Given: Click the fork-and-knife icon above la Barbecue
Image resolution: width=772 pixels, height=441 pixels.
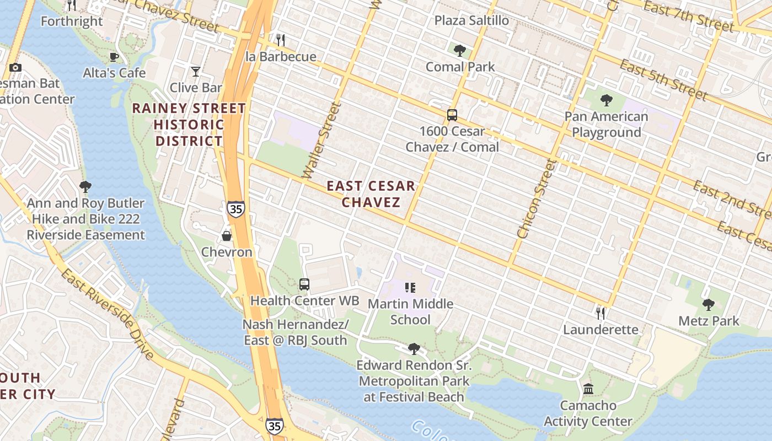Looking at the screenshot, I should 281,40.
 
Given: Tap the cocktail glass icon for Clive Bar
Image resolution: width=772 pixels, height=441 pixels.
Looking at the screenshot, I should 195,72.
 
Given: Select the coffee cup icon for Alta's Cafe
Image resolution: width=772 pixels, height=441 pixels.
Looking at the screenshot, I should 114,57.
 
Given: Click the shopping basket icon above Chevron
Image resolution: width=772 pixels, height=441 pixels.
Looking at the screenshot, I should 226,236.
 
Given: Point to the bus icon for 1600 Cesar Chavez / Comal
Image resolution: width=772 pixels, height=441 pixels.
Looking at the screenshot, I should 452,115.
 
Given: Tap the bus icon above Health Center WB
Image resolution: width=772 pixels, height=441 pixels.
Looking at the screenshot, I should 304,284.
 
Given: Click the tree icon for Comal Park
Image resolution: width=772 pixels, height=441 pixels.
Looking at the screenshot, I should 459,51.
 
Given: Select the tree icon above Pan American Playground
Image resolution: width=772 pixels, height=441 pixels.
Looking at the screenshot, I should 606,100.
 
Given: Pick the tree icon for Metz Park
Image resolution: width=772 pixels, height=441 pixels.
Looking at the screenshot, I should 709,304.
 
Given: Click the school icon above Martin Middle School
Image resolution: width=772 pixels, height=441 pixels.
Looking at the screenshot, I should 410,287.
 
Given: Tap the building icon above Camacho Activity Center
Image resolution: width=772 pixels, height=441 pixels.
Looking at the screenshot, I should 588,389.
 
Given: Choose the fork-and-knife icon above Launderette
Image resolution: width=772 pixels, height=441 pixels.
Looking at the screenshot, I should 601,313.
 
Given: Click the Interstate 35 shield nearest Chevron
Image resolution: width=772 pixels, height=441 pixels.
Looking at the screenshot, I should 235,209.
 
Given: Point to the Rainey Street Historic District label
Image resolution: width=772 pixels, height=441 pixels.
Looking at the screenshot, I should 189,125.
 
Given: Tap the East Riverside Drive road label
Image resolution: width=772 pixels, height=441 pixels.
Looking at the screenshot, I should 107,314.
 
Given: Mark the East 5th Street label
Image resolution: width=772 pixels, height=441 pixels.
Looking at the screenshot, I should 663,80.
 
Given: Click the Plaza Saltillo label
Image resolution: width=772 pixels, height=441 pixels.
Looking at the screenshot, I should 471,20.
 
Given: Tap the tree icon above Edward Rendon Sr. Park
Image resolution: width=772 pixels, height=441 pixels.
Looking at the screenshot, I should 414,349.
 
